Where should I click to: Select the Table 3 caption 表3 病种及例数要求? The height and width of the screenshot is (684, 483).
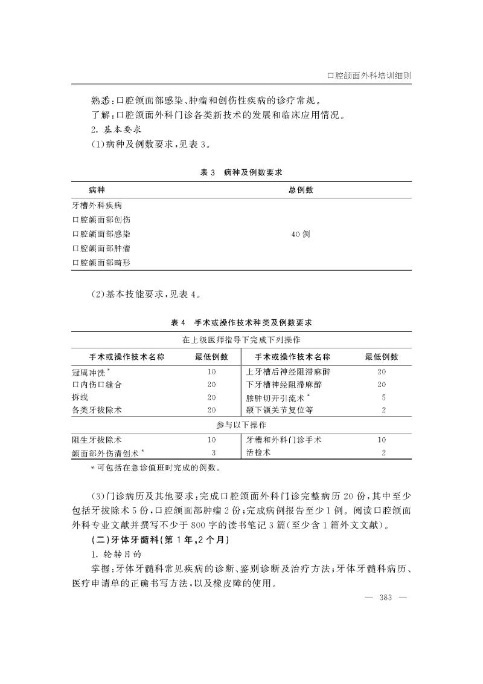(x=241, y=172)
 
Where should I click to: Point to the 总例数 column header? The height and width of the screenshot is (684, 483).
(x=300, y=190)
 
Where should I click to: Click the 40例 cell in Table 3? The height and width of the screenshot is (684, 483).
(x=300, y=234)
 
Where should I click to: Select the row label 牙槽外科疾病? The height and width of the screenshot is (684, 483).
(x=97, y=206)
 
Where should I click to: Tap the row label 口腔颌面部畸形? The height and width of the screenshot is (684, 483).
(x=101, y=262)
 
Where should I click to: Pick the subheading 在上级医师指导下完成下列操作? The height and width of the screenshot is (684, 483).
(x=241, y=340)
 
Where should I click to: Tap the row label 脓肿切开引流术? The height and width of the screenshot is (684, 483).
(x=278, y=397)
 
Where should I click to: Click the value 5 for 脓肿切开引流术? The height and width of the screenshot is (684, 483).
(x=383, y=397)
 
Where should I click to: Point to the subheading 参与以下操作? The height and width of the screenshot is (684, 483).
(x=241, y=425)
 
